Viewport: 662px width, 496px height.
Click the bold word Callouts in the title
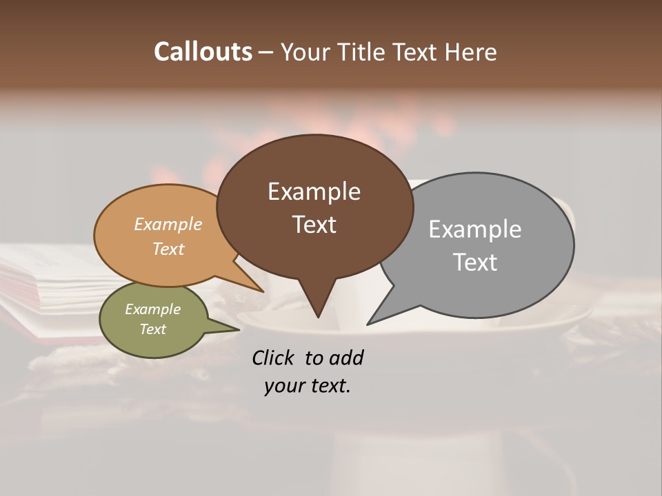click(203, 52)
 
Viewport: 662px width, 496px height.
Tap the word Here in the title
click(471, 52)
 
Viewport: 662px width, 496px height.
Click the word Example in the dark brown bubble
click(314, 192)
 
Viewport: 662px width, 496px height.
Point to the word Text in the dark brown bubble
click(314, 225)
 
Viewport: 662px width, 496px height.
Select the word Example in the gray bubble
click(475, 229)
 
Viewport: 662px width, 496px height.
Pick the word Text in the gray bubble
click(475, 262)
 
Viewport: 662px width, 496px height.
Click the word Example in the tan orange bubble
click(168, 225)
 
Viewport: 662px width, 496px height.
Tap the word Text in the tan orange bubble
click(168, 249)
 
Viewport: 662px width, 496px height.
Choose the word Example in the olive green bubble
click(152, 309)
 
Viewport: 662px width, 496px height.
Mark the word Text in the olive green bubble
click(152, 329)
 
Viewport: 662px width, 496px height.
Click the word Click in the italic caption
click(274, 358)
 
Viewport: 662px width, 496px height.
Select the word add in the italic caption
click(346, 358)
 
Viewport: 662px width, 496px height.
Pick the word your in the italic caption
click(282, 386)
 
